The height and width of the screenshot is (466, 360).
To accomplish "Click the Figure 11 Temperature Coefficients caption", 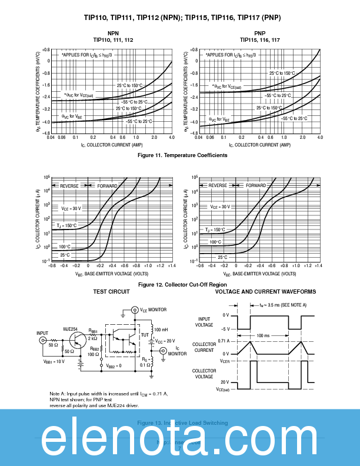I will point(182,155).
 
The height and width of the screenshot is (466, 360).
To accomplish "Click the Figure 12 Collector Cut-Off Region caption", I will point(182,285).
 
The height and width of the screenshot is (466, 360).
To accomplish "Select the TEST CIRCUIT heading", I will point(111,292).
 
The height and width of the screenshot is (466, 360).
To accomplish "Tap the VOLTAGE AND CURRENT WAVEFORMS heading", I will point(265,292).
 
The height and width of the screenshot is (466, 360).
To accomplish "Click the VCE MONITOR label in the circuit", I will point(154,309).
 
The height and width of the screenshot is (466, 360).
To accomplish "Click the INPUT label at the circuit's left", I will point(42,333).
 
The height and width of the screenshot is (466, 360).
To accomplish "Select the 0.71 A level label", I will point(223,341).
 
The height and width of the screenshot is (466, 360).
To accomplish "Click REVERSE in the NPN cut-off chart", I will point(69,185).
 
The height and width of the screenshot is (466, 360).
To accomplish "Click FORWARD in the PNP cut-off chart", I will point(256,185).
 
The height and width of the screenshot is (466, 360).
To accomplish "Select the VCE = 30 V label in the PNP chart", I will point(221,207).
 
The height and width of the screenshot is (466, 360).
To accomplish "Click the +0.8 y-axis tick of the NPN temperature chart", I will point(45,50).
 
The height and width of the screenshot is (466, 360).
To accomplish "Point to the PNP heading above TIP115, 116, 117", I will point(260,32).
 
